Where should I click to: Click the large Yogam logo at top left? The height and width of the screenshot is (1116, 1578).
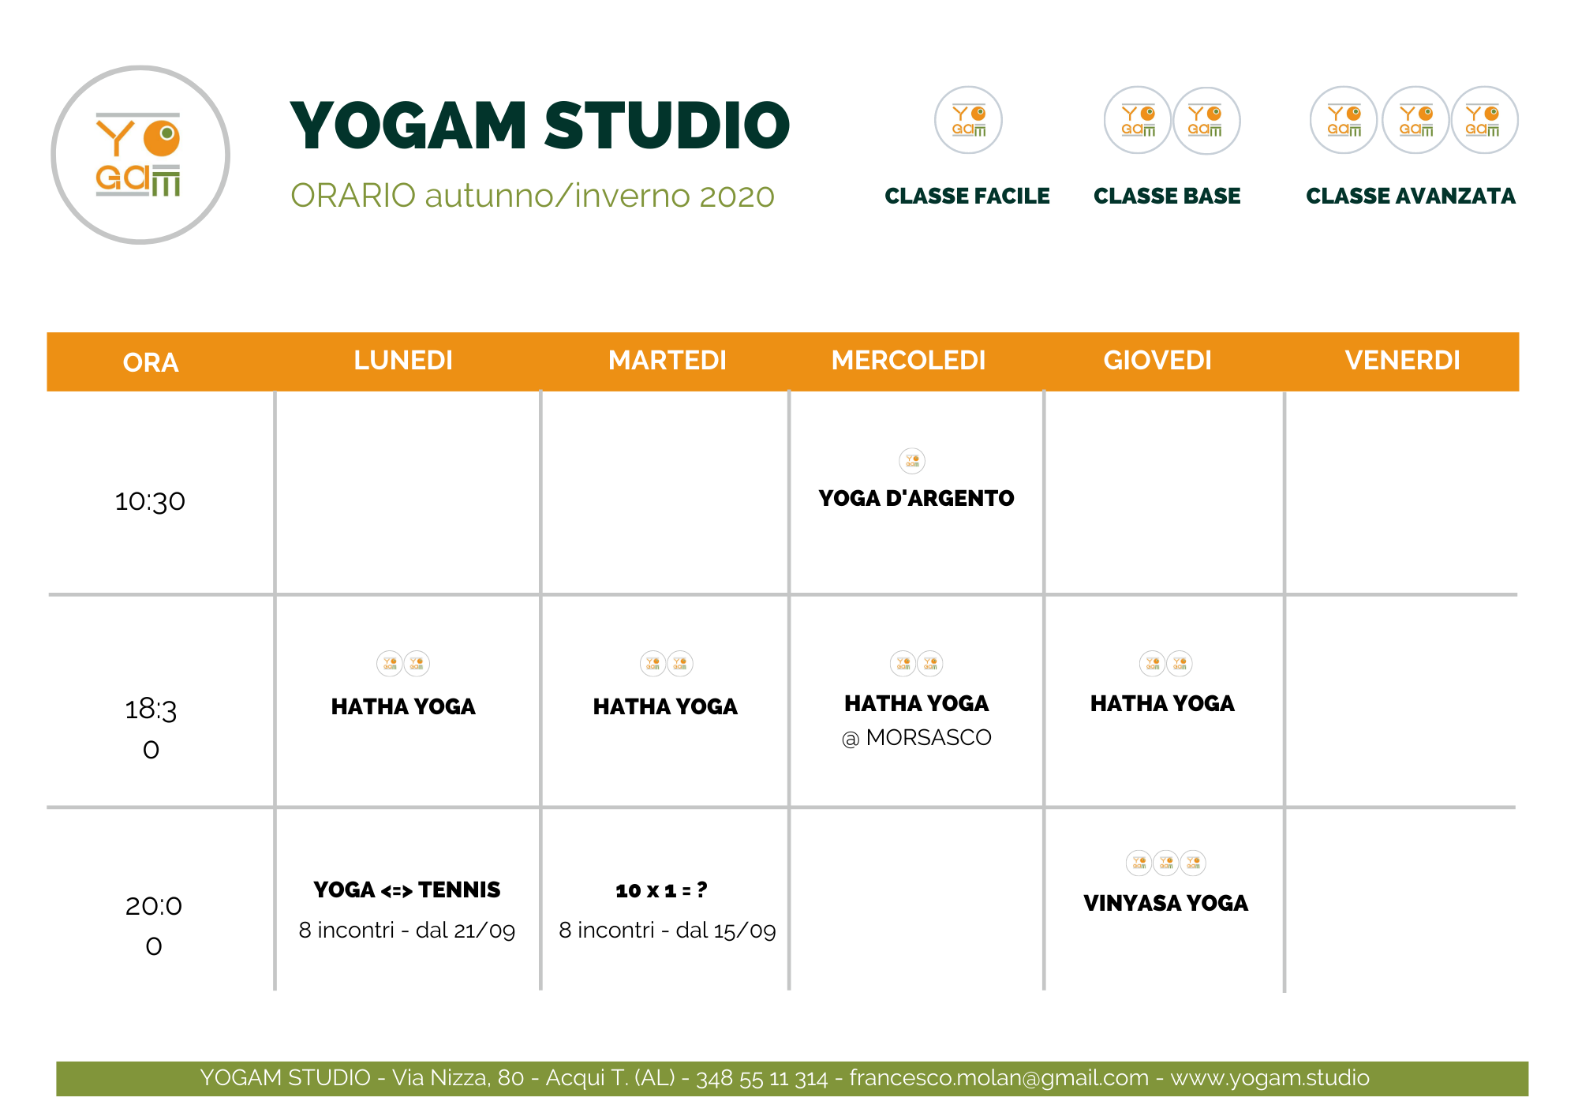click(140, 155)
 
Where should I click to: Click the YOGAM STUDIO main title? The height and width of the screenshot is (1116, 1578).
click(540, 125)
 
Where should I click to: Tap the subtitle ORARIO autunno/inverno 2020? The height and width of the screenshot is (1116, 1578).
click(533, 196)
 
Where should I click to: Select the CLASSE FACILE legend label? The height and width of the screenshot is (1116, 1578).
click(967, 196)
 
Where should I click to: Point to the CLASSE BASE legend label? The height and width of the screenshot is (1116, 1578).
click(1167, 196)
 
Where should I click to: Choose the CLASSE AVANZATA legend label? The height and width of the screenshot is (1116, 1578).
click(1411, 196)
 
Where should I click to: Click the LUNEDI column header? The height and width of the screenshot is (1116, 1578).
click(403, 360)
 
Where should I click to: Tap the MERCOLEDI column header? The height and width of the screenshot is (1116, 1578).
click(909, 360)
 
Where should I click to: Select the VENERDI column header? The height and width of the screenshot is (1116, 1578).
click(1402, 360)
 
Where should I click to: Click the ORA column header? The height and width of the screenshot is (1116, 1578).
click(151, 362)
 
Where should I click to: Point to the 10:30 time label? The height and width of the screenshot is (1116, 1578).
click(150, 501)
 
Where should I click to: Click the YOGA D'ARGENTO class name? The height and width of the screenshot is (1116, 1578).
click(916, 498)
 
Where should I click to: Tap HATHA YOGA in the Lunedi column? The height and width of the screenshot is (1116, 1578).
click(403, 706)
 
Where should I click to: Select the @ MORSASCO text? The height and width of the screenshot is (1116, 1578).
click(916, 737)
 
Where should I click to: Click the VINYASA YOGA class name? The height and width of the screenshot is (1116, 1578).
click(1165, 903)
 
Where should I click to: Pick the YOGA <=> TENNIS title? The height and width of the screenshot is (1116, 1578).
click(406, 889)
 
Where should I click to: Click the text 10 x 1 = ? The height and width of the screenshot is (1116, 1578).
click(661, 890)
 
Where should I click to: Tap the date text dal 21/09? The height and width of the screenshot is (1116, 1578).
click(466, 931)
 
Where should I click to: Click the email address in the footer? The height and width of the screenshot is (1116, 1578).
click(999, 1077)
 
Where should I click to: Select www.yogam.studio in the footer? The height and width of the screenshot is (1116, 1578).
click(1270, 1077)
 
